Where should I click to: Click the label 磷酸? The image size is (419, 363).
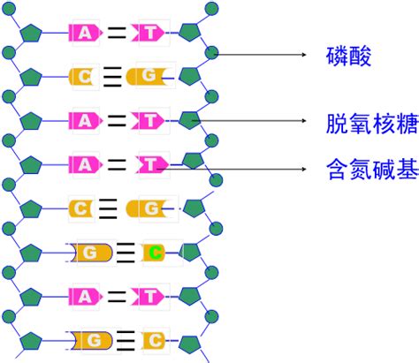click(x=346, y=58)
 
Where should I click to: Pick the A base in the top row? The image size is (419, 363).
click(x=84, y=33)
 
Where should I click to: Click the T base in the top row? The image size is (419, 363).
click(x=149, y=33)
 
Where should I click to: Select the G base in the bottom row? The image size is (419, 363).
click(x=89, y=339)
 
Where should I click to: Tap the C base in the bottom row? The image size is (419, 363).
click(x=152, y=339)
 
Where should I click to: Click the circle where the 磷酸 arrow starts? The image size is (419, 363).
click(x=211, y=55)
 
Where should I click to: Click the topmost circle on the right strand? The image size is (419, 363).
click(x=209, y=10)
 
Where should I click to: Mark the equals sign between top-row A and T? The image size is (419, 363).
click(x=117, y=34)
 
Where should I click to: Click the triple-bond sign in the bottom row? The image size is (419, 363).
click(x=124, y=339)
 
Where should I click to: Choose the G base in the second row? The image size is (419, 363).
click(x=147, y=76)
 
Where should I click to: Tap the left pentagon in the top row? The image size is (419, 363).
click(x=32, y=33)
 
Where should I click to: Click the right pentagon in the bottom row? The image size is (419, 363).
click(x=190, y=340)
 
